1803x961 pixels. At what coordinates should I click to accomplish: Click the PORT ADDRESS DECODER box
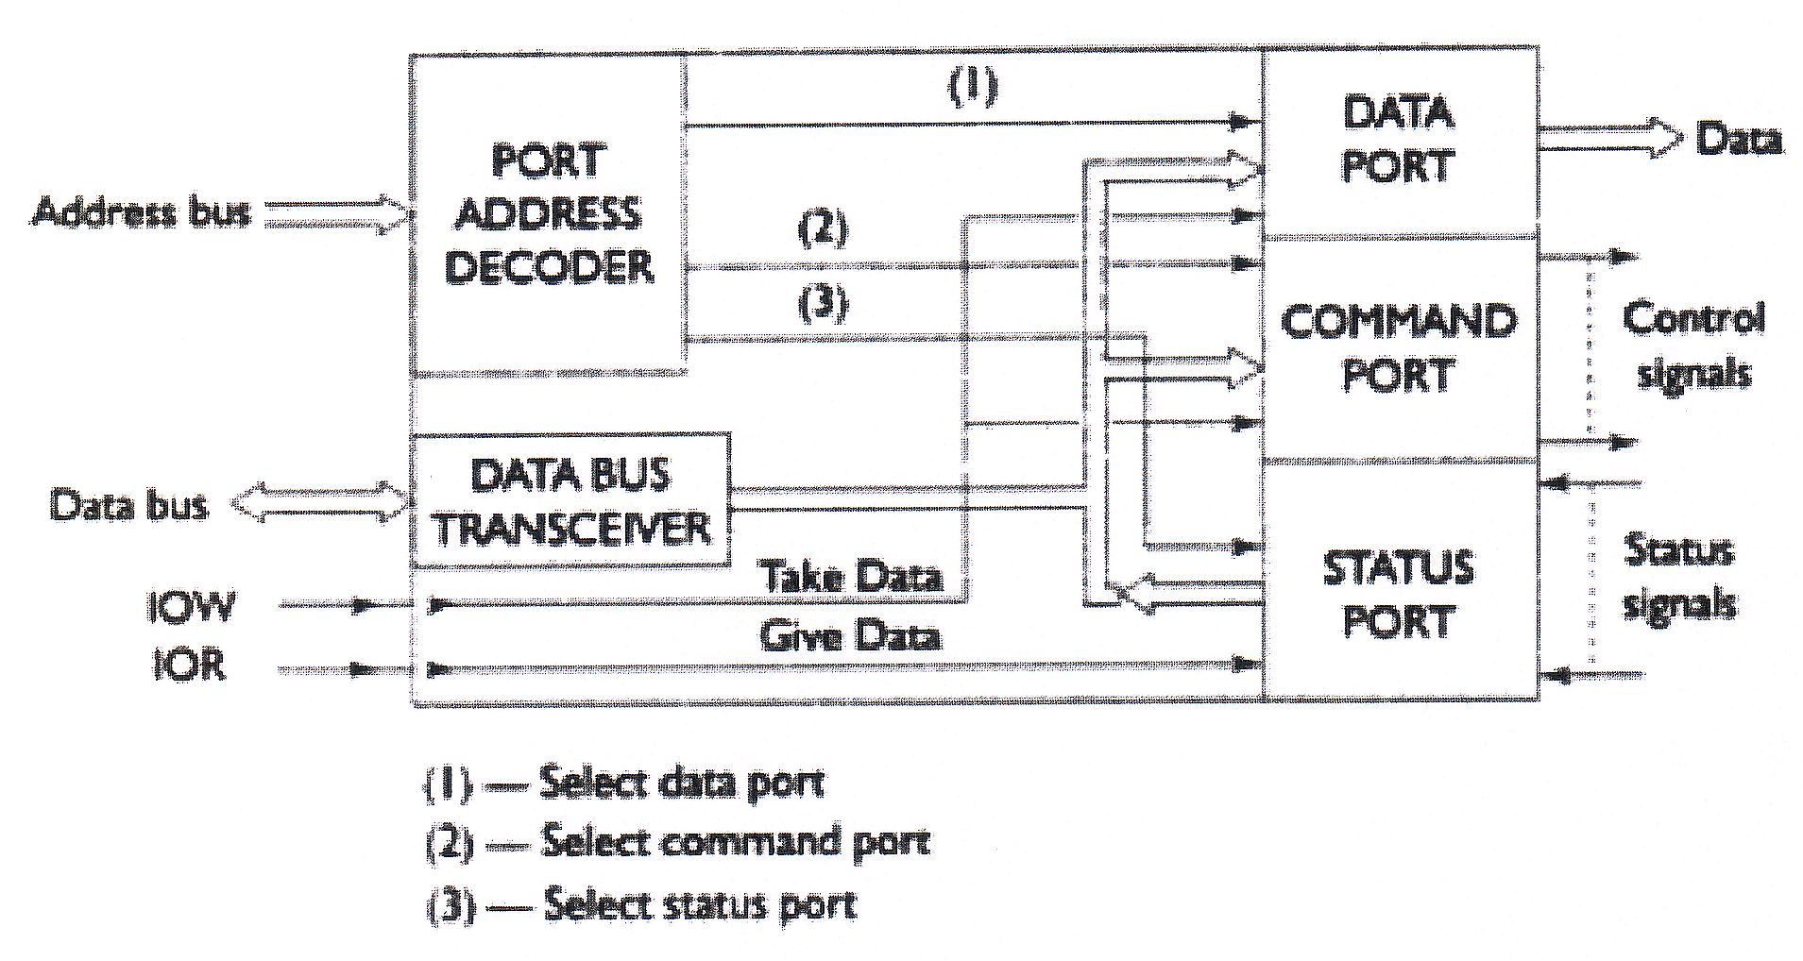click(548, 213)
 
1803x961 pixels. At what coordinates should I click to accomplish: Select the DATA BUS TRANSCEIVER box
click(570, 500)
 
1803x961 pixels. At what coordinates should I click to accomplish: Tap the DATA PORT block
click(1398, 140)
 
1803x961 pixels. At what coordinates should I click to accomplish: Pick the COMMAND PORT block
click(1398, 347)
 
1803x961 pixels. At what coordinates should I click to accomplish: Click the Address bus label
click(142, 211)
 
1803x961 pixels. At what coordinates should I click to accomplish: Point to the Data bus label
click(128, 505)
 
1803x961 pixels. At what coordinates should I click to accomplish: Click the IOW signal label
click(190, 606)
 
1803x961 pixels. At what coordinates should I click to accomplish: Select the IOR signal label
click(190, 666)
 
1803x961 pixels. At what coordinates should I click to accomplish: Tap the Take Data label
click(852, 576)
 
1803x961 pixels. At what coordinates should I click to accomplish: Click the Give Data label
click(850, 635)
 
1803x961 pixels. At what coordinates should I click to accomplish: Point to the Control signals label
click(1692, 346)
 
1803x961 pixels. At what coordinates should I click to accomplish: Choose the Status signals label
click(1679, 576)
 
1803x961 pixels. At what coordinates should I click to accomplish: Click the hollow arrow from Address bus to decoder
click(336, 214)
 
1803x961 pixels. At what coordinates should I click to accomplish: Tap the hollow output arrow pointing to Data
click(1609, 139)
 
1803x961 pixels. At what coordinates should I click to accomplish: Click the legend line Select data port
click(625, 784)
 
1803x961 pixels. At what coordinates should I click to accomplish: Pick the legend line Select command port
click(678, 842)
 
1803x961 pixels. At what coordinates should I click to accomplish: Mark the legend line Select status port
click(642, 904)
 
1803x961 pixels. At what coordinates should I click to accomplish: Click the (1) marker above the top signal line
click(973, 87)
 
